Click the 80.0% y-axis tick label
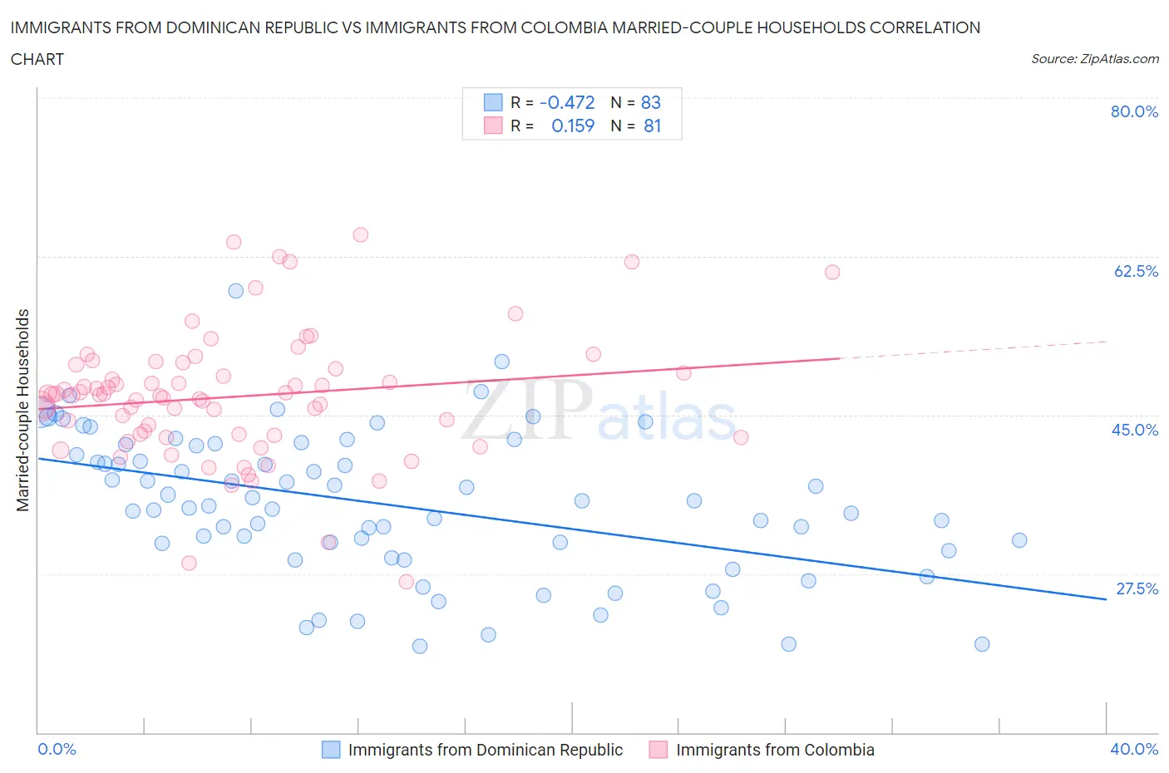coord(1134,111)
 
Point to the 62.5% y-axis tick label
coord(1136,271)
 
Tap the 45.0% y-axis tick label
coord(1135,430)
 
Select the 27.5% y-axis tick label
coord(1137,588)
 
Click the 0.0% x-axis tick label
coord(57,749)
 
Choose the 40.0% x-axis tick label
coord(1134,749)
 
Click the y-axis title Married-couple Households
coord(23,410)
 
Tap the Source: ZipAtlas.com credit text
coord(1094,59)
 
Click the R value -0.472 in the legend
coord(567,102)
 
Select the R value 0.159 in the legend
coord(573,126)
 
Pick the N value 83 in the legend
coord(650,102)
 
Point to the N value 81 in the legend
coord(652,126)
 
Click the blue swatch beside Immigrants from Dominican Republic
coord(331,750)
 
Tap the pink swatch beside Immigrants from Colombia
coord(658,750)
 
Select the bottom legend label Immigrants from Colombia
coord(775,750)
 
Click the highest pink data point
coord(360,234)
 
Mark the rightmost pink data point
coord(831,272)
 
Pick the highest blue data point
coord(235,291)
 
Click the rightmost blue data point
coord(1019,540)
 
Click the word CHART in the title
coord(37,59)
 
